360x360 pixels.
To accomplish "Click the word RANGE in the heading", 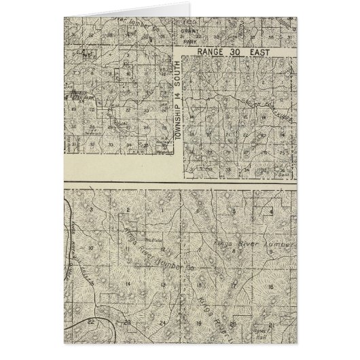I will coord(206,50).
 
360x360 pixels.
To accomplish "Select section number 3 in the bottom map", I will coord(91,211).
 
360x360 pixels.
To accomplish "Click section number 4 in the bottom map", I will coord(271,212).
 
